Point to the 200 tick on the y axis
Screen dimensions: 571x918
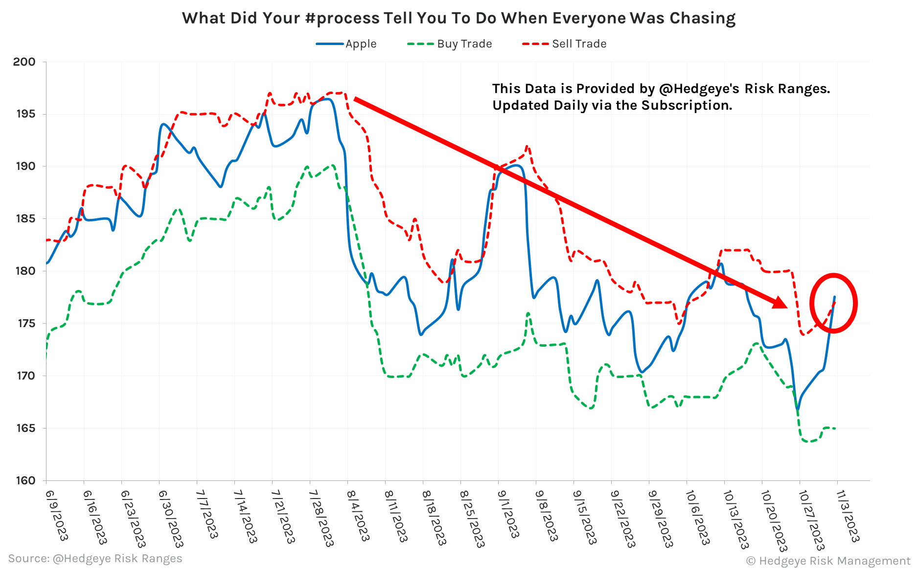click(x=24, y=62)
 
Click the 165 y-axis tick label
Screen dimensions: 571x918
click(x=26, y=428)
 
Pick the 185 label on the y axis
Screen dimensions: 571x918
click(x=26, y=219)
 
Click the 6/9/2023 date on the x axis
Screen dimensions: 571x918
click(x=56, y=515)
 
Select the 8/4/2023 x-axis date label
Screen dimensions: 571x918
click(x=358, y=515)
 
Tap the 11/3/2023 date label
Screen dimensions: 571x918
click(x=848, y=516)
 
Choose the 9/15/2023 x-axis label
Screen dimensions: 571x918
click(x=584, y=517)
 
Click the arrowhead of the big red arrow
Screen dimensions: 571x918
click(x=780, y=303)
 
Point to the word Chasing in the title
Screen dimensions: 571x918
click(x=702, y=19)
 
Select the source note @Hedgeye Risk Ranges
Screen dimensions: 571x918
click(x=117, y=559)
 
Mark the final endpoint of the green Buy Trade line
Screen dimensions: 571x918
click(x=835, y=429)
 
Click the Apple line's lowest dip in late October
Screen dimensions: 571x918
click(x=797, y=408)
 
